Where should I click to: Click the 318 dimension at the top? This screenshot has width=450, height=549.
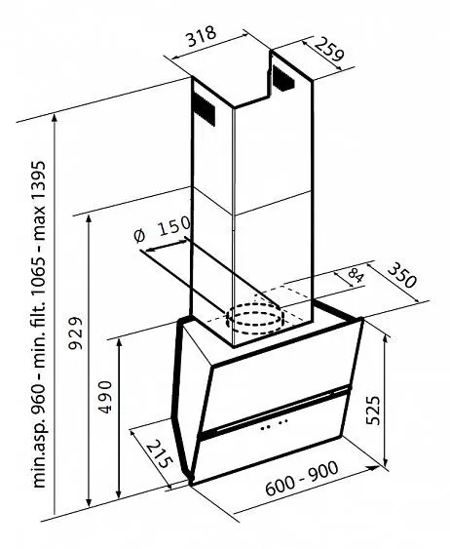[x=202, y=36]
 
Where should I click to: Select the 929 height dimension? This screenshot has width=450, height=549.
[x=75, y=333]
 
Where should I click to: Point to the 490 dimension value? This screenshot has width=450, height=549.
[x=104, y=397]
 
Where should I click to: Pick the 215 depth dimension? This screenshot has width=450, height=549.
[x=159, y=455]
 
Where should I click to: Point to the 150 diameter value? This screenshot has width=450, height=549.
[x=173, y=226]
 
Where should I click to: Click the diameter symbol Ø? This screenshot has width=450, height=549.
[x=140, y=236]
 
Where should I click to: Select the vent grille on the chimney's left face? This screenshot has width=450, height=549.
[x=204, y=109]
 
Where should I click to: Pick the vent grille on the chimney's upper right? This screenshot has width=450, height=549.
[x=283, y=79]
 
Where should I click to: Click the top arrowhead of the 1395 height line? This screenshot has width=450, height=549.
[x=55, y=118]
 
